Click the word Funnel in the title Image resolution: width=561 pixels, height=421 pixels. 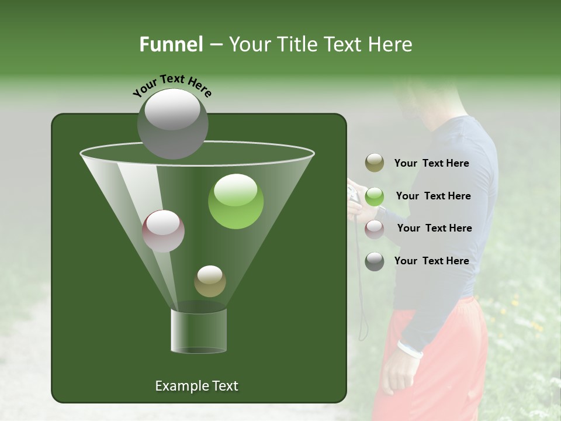171,44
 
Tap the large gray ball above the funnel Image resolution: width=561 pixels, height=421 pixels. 172,123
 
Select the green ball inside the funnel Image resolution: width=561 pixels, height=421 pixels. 236,201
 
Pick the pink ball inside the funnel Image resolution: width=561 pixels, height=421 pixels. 164,231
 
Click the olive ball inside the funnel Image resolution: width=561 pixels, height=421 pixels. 210,281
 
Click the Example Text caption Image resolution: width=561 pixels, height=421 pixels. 196,386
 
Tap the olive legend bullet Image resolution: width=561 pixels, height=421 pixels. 375,163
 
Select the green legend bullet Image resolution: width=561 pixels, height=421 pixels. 375,196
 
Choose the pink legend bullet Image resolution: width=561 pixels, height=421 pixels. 375,229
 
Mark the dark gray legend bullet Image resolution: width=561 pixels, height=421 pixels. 375,261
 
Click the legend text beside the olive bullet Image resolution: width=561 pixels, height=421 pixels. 431,164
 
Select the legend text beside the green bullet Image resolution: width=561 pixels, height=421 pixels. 433,196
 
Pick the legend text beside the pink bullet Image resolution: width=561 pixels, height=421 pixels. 434,229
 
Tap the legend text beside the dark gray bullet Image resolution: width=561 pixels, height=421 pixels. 431,261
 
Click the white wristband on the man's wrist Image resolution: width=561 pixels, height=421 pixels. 410,349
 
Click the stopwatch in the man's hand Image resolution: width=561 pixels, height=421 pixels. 353,195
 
